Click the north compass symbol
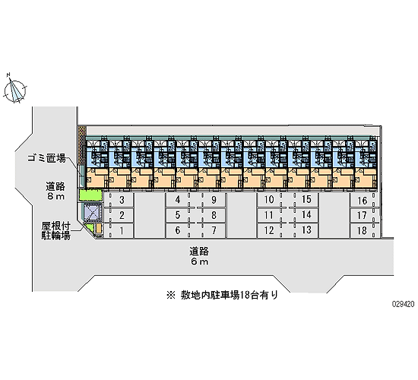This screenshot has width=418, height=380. click(15, 90)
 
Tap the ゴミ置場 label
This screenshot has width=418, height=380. click(47, 158)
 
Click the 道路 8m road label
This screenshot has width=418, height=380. click(55, 192)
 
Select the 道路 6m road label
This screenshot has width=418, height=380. click(199, 256)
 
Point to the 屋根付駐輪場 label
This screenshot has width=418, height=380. click(55, 231)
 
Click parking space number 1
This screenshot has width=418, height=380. click(122, 231)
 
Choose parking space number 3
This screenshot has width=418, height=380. click(122, 200)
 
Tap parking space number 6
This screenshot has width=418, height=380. click(178, 230)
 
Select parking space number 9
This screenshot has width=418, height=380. click(214, 200)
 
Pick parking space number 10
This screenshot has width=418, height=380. click(269, 199)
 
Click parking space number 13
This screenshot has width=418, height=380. click(306, 230)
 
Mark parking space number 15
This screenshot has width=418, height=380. click(306, 199)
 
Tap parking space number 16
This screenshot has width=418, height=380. click(363, 201)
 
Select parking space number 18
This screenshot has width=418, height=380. click(363, 231)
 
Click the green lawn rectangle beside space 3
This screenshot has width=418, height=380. click(90, 195)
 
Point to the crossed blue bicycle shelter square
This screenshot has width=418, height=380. click(91, 212)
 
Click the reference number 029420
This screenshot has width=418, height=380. click(403, 304)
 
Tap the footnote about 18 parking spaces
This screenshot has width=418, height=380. click(223, 295)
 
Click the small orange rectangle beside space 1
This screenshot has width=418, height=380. click(99, 228)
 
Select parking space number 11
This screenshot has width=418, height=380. click(269, 215)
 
